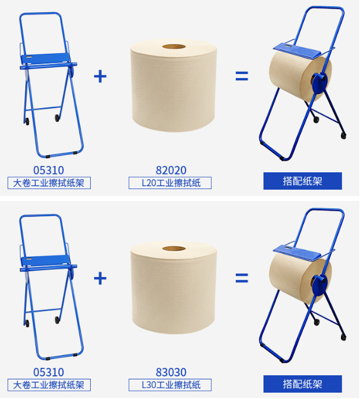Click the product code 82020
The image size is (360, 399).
[x=170, y=170]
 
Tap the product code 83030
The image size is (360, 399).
[x=170, y=372]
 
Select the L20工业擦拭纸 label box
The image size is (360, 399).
[x=170, y=183]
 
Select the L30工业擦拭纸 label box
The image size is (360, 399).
[x=170, y=385]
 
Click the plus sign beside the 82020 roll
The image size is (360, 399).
[x=100, y=76]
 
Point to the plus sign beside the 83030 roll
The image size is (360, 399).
[x=100, y=278]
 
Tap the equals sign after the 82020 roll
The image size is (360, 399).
[x=242, y=76]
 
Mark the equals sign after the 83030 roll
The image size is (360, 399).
[x=242, y=278]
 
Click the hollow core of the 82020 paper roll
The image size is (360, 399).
[x=173, y=47]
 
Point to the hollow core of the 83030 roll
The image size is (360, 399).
[x=173, y=249]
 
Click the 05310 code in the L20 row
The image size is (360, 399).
[x=49, y=170]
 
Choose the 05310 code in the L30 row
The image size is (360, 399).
[x=49, y=372]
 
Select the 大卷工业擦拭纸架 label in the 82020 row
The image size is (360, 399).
[x=49, y=183]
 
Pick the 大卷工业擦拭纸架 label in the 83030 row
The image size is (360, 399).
[x=49, y=385]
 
